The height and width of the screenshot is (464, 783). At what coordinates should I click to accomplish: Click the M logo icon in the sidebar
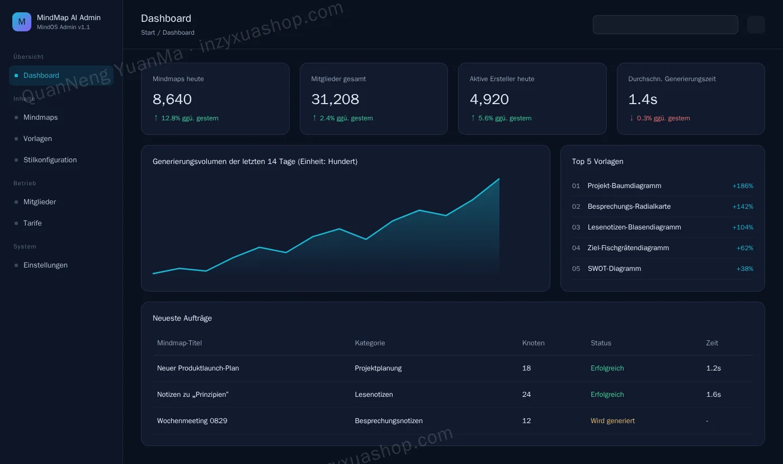(22, 22)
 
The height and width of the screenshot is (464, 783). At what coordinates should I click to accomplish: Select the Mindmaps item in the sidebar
(40, 118)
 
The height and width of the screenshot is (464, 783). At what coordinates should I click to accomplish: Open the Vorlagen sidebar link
(37, 139)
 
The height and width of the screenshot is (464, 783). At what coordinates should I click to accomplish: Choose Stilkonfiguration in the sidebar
(50, 160)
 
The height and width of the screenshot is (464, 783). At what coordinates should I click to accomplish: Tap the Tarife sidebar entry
(32, 223)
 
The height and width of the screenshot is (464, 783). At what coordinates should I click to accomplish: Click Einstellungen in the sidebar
(45, 265)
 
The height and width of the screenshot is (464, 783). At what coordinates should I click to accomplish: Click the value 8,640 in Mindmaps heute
(172, 100)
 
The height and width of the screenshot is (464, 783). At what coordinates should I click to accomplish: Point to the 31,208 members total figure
(335, 100)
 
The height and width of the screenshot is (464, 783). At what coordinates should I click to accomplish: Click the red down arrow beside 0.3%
(631, 118)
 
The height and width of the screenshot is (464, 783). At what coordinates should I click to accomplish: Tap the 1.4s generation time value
(643, 100)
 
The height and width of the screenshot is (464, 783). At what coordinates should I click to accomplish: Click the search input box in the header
(665, 25)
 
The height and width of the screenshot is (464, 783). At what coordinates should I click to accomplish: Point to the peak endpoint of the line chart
(499, 179)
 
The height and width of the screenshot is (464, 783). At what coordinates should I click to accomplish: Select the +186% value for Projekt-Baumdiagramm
(743, 186)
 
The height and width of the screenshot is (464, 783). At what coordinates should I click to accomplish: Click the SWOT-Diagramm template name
(614, 269)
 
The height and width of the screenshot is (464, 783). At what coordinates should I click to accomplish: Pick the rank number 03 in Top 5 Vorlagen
(576, 227)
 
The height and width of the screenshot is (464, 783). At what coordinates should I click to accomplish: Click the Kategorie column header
(370, 343)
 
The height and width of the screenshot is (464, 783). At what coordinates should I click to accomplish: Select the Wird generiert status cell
(612, 420)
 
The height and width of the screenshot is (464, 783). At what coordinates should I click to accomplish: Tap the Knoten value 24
(526, 395)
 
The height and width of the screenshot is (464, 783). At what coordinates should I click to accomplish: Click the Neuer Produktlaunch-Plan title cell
(198, 368)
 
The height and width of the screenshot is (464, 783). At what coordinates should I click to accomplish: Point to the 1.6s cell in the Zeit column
(714, 395)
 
